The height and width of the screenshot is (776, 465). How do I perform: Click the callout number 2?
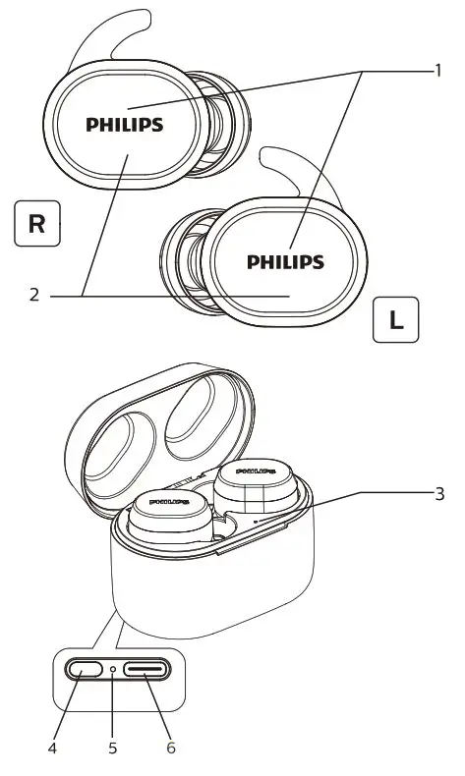click(33, 294)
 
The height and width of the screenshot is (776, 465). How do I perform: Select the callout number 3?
click(439, 494)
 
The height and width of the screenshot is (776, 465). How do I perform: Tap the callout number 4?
click(53, 748)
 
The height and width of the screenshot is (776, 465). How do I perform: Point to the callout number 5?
click(113, 748)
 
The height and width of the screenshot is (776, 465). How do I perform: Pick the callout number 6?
click(171, 748)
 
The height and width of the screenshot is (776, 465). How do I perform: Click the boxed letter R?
click(37, 222)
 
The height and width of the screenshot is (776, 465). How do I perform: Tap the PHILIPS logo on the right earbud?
click(125, 125)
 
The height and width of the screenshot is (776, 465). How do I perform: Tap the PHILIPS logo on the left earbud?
click(285, 262)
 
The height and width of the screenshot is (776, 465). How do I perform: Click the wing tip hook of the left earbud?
click(295, 162)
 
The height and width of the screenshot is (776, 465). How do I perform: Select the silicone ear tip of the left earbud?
click(182, 257)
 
